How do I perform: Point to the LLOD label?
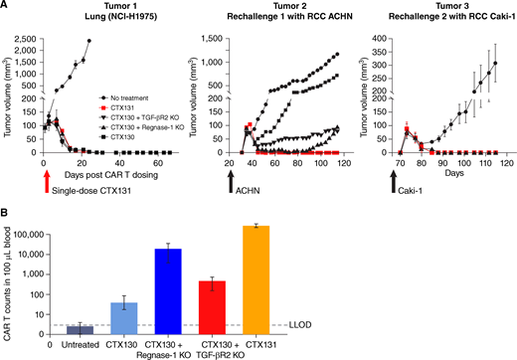[298, 325]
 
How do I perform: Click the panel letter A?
[6, 7]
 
